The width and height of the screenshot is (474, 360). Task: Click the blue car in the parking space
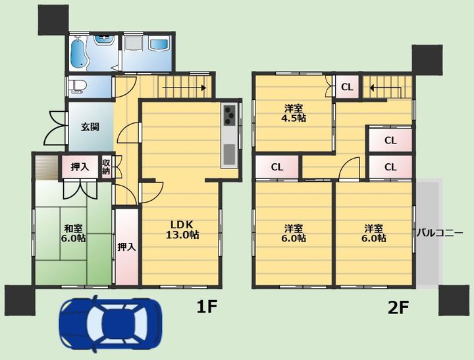pyautogui.click(x=111, y=322)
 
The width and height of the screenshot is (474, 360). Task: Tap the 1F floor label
pyautogui.click(x=207, y=307)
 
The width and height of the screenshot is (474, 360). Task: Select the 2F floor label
pyautogui.click(x=398, y=308)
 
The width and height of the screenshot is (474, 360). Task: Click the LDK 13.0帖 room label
pyautogui.click(x=182, y=230)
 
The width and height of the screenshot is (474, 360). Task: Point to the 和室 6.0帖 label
pyautogui.click(x=74, y=233)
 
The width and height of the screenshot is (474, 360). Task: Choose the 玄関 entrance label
pyautogui.click(x=90, y=126)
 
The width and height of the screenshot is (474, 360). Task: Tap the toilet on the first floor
pyautogui.click(x=76, y=86)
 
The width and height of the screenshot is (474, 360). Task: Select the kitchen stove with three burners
pyautogui.click(x=230, y=115)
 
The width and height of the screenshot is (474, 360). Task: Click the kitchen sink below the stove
pyautogui.click(x=230, y=154)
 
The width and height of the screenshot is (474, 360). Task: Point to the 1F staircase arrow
pyautogui.click(x=184, y=88)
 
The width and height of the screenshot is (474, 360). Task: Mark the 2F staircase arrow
pyautogui.click(x=385, y=90)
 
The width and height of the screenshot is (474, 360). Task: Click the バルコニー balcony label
pyautogui.click(x=440, y=233)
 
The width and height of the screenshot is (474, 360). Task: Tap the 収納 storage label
pyautogui.click(x=106, y=167)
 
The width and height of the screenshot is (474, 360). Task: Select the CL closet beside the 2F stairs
pyautogui.click(x=347, y=87)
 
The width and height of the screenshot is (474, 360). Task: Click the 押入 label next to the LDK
pyautogui.click(x=126, y=247)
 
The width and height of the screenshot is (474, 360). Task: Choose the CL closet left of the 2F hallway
pyautogui.click(x=277, y=167)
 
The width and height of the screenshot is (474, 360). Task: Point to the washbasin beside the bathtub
pyautogui.click(x=104, y=40)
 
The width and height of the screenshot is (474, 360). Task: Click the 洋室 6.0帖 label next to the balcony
pyautogui.click(x=374, y=233)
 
